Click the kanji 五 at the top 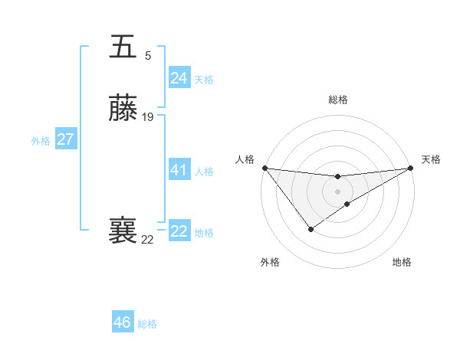(123, 47)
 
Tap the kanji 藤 (123, 110)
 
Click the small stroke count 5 (148, 55)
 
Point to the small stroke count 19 (148, 117)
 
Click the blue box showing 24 (179, 78)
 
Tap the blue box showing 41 (179, 170)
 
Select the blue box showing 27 (66, 140)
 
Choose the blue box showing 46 (123, 322)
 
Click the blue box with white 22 (179, 231)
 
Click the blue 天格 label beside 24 (204, 79)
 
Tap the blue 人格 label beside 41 (204, 171)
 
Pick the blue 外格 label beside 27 (41, 141)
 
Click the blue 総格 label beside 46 (147, 324)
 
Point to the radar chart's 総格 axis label (337, 100)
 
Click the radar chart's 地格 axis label (402, 262)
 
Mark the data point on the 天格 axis (411, 169)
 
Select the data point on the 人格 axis (264, 168)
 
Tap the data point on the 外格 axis (310, 228)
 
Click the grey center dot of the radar (337, 191)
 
